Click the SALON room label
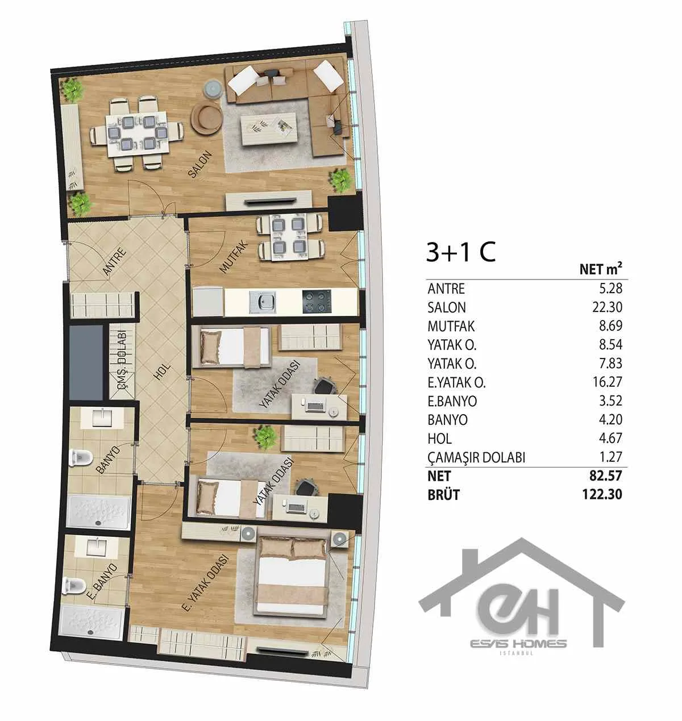pyautogui.click(x=200, y=165)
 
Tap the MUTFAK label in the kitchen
pyautogui.click(x=234, y=257)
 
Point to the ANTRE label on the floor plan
pyautogui.click(x=115, y=262)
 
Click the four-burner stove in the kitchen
pyautogui.click(x=317, y=302)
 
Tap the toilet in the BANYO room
pyautogui.click(x=81, y=458)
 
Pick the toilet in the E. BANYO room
pyautogui.click(x=74, y=586)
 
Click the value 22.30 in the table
pyautogui.click(x=607, y=307)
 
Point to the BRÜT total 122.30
pyautogui.click(x=602, y=495)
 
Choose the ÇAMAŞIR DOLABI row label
pyautogui.click(x=476, y=457)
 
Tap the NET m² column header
pyautogui.click(x=601, y=269)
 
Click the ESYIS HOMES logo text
pyautogui.click(x=518, y=643)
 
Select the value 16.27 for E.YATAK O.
pyautogui.click(x=607, y=382)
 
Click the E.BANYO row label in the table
pyautogui.click(x=452, y=401)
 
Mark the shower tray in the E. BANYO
pyautogui.click(x=92, y=622)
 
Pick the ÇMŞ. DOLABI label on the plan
pyautogui.click(x=122, y=362)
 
